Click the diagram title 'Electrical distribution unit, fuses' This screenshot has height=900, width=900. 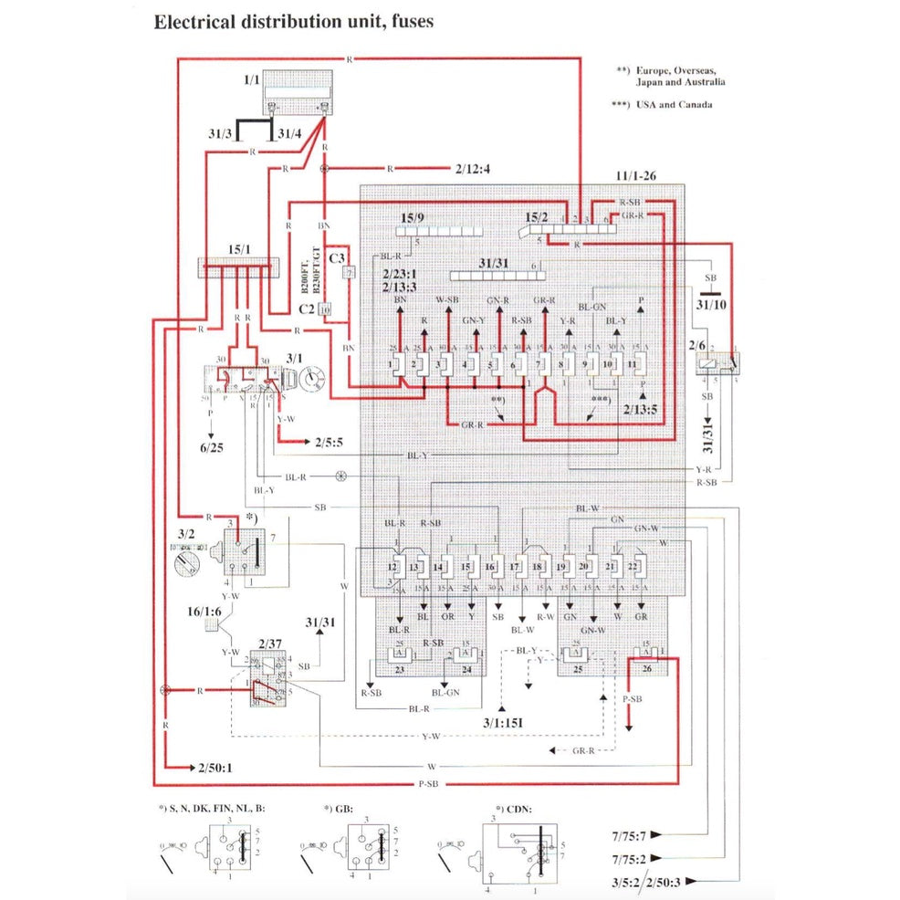point(292,22)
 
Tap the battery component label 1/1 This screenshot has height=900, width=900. point(252,81)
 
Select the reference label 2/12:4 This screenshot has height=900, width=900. point(472,169)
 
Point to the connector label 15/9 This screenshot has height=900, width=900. point(413,217)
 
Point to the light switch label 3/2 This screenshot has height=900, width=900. point(185,532)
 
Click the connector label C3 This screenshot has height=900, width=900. point(335,258)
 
